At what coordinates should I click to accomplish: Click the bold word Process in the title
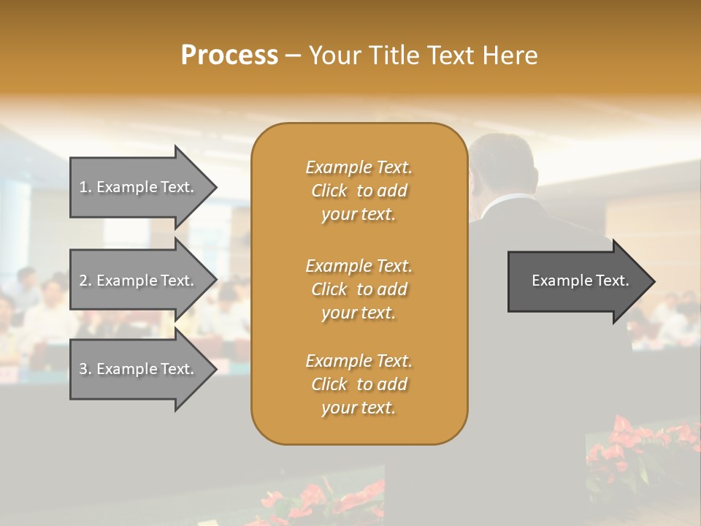(x=229, y=56)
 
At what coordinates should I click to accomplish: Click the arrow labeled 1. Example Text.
(x=139, y=187)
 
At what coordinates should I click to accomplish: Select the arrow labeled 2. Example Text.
(x=139, y=281)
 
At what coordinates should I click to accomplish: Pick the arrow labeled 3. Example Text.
(x=139, y=369)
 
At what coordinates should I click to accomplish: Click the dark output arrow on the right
(x=577, y=281)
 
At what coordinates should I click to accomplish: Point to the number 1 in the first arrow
(x=83, y=187)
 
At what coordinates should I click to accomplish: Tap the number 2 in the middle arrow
(x=83, y=281)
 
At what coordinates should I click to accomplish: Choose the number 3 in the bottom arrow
(x=83, y=369)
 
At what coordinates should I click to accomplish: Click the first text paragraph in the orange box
(x=359, y=191)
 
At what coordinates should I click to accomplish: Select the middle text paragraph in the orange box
(x=359, y=289)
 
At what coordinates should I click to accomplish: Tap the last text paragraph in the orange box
(x=359, y=384)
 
